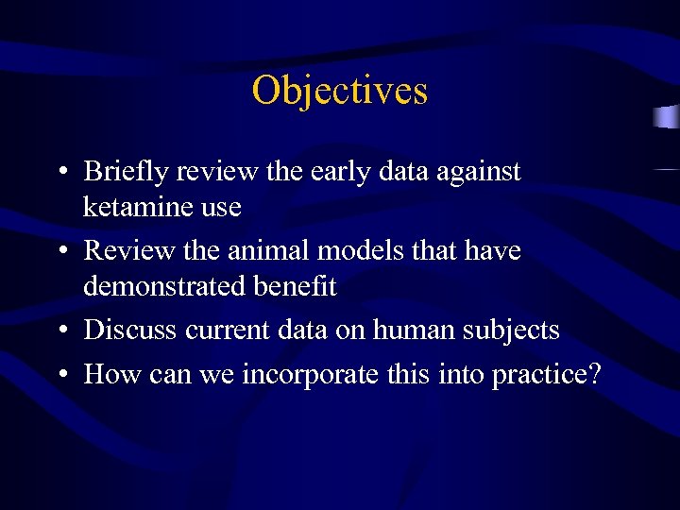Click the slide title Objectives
coord(340,91)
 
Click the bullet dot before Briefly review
coord(60,173)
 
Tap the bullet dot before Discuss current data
coord(60,331)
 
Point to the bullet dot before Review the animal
coord(60,252)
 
